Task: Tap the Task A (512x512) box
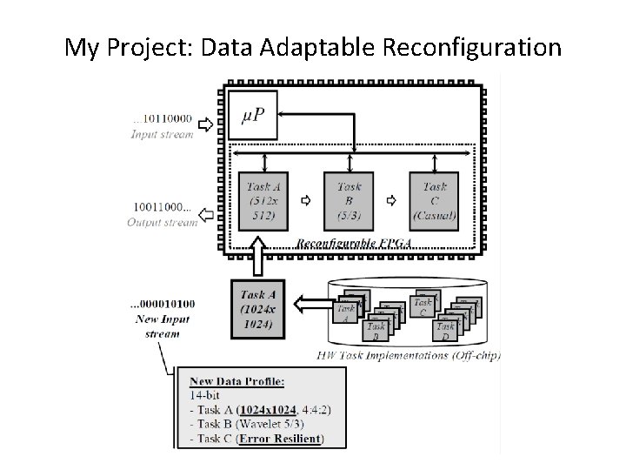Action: click(263, 200)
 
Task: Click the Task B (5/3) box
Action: click(349, 200)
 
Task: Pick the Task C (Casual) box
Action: click(435, 200)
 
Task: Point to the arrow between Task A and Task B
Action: click(306, 200)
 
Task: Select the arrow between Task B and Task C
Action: click(392, 200)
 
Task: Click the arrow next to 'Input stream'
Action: click(205, 124)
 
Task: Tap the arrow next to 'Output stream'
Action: click(204, 213)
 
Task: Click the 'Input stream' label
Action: click(163, 135)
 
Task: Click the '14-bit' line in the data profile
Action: click(205, 395)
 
